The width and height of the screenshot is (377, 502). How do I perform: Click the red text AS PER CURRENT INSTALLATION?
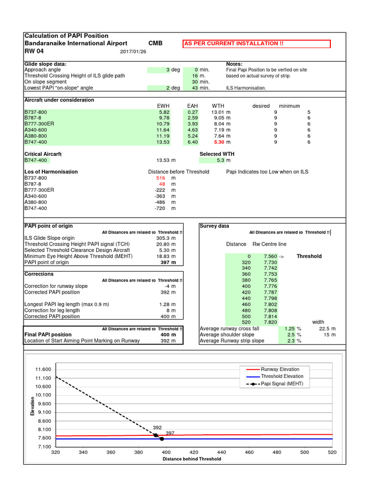(234, 44)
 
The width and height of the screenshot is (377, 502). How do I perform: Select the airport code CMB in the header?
(155, 43)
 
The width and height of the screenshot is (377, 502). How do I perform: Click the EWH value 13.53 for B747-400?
(163, 142)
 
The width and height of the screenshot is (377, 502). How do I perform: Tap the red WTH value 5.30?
(219, 142)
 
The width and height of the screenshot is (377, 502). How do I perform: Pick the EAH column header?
(192, 106)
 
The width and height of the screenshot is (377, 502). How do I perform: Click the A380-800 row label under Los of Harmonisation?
(36, 202)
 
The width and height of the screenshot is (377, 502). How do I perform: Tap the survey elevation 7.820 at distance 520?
(270, 322)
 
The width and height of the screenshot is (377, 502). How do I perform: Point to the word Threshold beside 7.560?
(309, 256)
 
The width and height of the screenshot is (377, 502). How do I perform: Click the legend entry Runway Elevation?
(280, 369)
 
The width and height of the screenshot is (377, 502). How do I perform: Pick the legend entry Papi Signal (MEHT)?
(282, 384)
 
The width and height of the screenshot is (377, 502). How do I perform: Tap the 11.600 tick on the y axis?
(43, 369)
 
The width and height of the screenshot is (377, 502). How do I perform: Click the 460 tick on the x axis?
(249, 452)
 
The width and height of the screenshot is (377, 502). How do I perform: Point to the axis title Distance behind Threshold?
(192, 459)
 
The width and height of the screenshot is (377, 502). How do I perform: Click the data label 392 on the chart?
(157, 427)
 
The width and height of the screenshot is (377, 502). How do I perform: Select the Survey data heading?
(214, 226)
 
